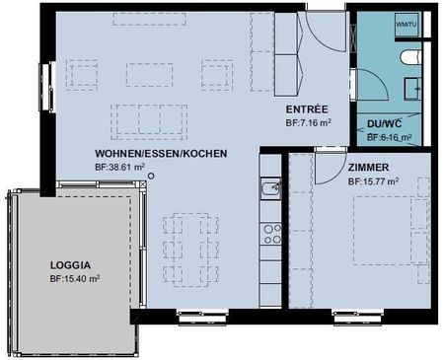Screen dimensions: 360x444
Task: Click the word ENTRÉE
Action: [307, 108]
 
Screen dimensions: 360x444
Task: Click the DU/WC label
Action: [386, 124]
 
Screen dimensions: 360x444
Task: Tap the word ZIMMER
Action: [368, 168]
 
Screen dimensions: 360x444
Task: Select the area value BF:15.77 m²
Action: [373, 181]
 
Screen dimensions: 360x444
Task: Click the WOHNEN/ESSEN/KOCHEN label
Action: [162, 155]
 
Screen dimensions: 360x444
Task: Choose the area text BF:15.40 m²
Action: [75, 279]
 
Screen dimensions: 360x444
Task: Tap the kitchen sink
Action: [269, 187]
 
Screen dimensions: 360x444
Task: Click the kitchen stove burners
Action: [269, 234]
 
